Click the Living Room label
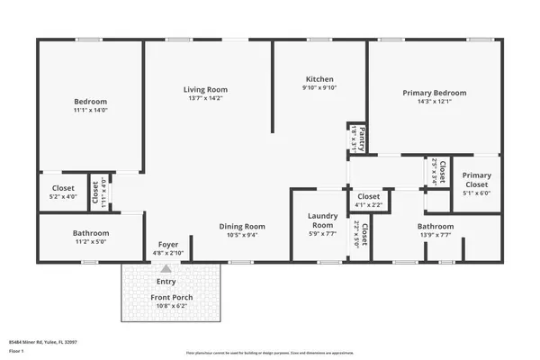click(x=205, y=90)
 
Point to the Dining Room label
click(x=243, y=226)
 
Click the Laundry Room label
click(x=321, y=219)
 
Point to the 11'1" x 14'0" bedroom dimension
click(x=90, y=111)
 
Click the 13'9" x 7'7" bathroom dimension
click(x=436, y=237)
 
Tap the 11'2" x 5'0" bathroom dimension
click(x=90, y=242)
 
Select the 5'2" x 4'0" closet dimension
click(x=64, y=197)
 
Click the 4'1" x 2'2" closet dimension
click(x=368, y=205)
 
